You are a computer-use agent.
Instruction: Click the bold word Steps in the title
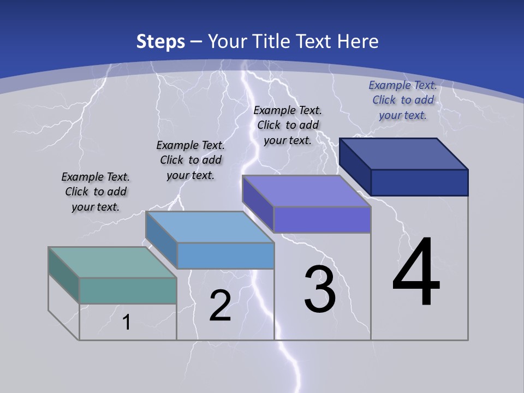160,41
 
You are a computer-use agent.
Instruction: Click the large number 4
416,273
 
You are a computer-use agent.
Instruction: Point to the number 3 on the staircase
320,289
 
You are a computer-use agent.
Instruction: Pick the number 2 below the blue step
220,306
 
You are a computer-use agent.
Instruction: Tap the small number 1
126,323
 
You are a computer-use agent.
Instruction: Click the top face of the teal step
112,263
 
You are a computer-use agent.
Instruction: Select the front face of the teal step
128,290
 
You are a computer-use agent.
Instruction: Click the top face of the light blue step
210,227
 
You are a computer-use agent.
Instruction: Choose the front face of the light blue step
225,255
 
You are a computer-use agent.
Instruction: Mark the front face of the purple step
322,220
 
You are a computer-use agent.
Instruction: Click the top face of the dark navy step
404,153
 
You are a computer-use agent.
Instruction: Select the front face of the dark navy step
419,182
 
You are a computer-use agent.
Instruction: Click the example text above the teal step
96,192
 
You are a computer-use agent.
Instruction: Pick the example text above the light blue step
190,160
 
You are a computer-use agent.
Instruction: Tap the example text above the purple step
288,125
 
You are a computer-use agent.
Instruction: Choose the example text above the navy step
403,100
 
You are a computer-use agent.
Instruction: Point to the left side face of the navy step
355,166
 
